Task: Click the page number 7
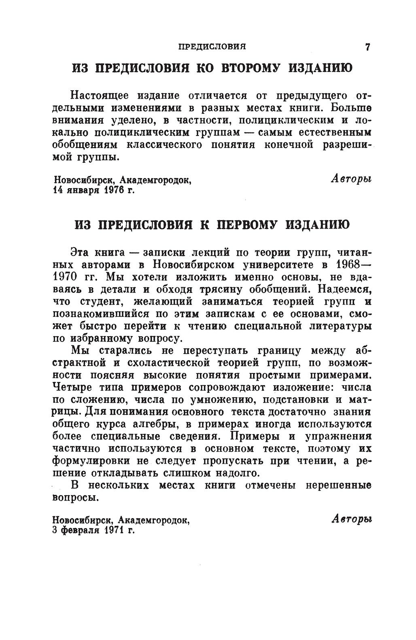pyautogui.click(x=367, y=47)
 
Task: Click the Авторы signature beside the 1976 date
pyautogui.click(x=351, y=178)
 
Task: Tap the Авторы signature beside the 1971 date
pyautogui.click(x=351, y=518)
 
